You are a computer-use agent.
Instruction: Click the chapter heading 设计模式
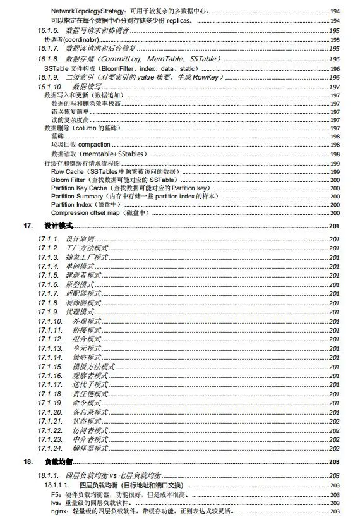click(59, 226)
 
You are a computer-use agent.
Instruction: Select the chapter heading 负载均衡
click(59, 461)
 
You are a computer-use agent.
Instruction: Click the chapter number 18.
click(28, 461)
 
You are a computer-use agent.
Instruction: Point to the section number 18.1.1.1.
click(56, 485)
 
